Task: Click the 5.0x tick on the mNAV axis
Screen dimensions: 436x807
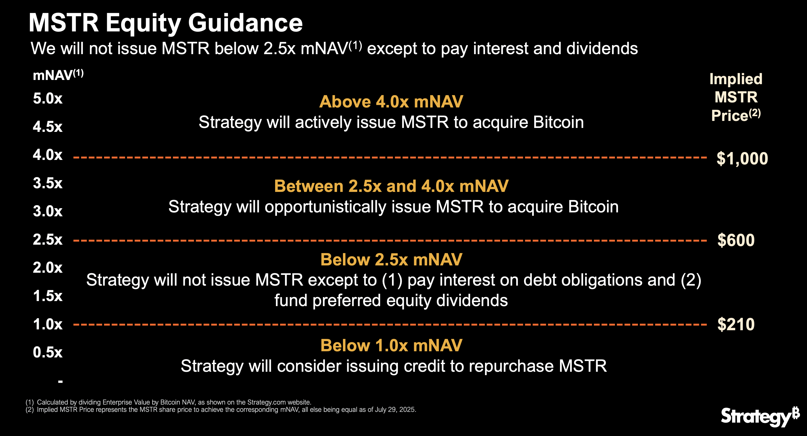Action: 48,99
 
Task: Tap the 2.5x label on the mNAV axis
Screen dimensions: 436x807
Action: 48,240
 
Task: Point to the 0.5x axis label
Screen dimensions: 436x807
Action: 48,352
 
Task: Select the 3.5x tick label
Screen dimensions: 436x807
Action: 48,183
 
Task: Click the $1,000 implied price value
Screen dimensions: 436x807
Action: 742,159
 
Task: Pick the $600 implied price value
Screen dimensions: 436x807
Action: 735,240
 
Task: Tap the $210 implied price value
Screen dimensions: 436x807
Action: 735,324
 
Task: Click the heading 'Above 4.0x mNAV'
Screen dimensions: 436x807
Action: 391,102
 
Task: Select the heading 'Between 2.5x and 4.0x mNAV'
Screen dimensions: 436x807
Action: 391,186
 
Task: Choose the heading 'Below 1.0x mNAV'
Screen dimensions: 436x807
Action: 391,345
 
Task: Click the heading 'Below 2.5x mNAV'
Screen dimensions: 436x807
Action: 391,260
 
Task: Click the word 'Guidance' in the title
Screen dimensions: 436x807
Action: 245,23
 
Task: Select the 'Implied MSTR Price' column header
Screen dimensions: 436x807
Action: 735,97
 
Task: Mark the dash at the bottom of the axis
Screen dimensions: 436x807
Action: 61,382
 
